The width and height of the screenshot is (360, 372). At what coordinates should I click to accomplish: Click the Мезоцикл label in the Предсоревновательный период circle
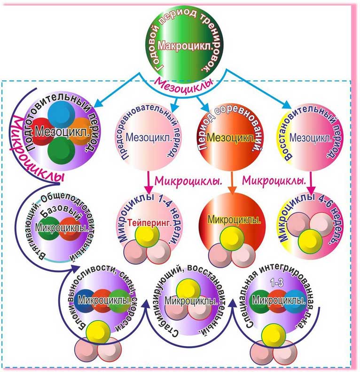click(146, 138)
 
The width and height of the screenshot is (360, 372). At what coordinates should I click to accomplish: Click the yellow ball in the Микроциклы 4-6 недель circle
click(309, 240)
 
